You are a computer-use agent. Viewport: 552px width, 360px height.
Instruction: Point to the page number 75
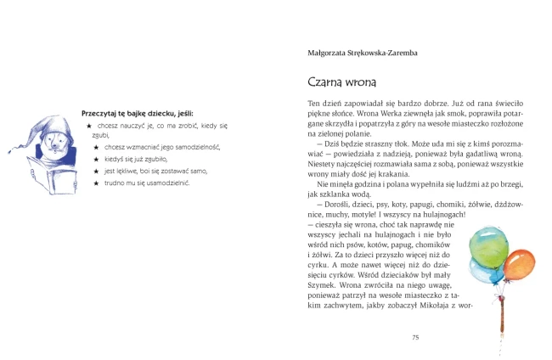tap(415, 337)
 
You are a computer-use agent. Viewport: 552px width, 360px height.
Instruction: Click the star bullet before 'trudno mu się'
tap(96, 183)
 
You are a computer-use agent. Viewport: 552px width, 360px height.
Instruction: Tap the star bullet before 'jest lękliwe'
tap(96, 171)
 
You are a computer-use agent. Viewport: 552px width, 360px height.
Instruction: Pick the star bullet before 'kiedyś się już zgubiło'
tap(96, 159)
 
